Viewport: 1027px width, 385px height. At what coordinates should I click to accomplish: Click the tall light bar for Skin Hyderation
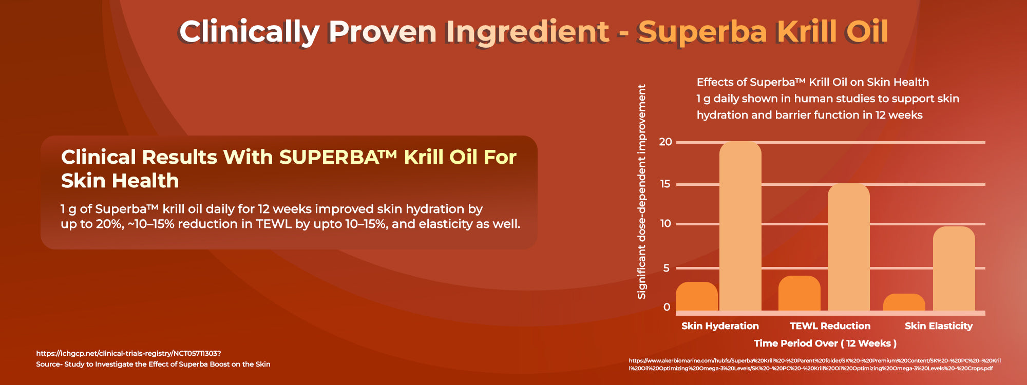coord(740,226)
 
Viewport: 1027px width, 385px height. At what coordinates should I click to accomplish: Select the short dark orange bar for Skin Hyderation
coord(696,296)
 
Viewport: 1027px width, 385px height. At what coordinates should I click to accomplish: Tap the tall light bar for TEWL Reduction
coord(849,247)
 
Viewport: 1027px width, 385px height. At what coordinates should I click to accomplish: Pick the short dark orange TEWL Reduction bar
coord(800,293)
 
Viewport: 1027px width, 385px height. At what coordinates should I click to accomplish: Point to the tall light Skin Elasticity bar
coord(954,268)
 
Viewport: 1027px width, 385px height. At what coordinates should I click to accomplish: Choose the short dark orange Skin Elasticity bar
coord(904,302)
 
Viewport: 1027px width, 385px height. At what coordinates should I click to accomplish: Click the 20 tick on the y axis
coord(665,142)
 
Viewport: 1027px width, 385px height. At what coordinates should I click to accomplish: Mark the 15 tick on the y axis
coord(665,184)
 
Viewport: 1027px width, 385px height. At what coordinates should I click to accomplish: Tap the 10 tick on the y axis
coord(665,223)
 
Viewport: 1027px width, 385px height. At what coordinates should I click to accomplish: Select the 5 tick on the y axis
coord(667,268)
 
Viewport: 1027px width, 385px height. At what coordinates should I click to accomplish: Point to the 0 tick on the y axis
coord(667,307)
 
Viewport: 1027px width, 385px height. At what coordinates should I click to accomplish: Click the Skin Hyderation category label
coord(720,326)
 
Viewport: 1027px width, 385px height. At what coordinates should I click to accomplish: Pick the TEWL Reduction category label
coord(830,326)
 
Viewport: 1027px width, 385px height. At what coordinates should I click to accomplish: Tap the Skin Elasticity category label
coord(939,326)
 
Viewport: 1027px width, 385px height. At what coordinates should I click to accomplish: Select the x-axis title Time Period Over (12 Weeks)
coord(825,343)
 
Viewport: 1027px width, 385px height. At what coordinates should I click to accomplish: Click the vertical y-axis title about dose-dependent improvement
coord(641,191)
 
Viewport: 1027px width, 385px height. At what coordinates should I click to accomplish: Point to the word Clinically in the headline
coord(249,32)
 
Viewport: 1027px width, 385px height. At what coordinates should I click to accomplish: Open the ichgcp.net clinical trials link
coord(128,353)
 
